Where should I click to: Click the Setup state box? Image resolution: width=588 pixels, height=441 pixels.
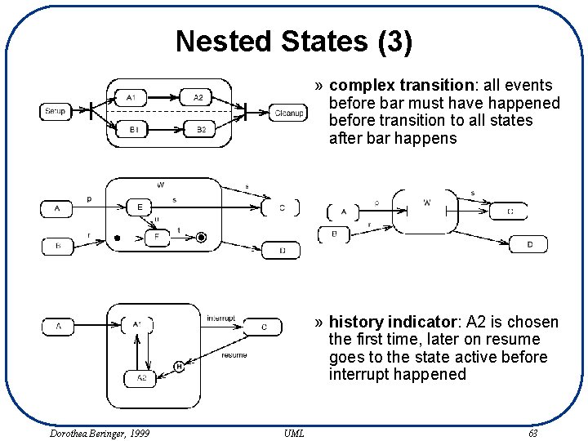coord(56,111)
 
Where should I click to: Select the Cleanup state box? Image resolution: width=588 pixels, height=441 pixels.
coord(289,113)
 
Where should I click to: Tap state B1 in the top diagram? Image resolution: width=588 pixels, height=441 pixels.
coord(131,129)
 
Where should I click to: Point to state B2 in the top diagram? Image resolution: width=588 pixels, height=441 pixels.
coord(199,129)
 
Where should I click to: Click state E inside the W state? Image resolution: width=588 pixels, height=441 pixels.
coord(140,208)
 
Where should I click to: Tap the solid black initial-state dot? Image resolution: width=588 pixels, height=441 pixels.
coord(118,238)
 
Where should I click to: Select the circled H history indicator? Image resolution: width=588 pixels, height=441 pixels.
coord(179,367)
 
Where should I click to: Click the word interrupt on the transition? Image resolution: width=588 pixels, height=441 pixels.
coord(220,318)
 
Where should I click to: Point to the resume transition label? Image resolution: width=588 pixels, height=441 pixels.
coord(234,355)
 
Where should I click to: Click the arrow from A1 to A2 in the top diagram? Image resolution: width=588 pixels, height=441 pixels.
coord(163,98)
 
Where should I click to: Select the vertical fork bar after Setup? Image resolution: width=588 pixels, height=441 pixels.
coord(91,112)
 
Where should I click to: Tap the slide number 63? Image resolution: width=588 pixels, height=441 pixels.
coord(532,433)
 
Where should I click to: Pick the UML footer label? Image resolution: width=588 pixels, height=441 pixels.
coord(294,433)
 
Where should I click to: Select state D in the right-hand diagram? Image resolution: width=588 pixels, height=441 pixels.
coord(529,244)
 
